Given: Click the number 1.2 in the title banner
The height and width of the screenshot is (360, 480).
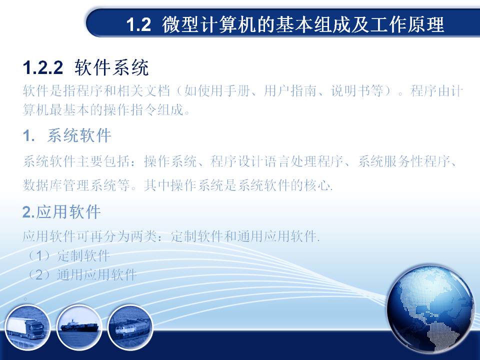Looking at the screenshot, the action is coord(138,24).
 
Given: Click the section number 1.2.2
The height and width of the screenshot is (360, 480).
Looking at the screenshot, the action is coord(43,67).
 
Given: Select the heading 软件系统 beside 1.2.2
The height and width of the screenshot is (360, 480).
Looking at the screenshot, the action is coord(111,67).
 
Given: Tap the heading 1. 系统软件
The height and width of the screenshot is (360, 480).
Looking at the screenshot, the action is coord(66,135).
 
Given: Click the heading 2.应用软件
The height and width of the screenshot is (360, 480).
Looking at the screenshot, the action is coord(61,212).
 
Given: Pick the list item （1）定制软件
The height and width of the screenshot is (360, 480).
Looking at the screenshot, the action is coord(67,255).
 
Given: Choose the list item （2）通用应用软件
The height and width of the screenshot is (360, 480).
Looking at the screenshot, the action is coord(81,274).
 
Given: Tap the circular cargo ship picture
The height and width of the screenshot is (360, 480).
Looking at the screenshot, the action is coord(79,327).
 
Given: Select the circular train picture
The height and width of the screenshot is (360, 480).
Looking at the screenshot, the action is coord(130,327).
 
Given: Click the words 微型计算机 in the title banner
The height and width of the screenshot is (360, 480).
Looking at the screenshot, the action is coord(209,24).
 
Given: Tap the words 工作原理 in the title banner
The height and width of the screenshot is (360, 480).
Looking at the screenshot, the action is coord(407,24).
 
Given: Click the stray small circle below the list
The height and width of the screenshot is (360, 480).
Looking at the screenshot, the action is coord(25,298).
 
